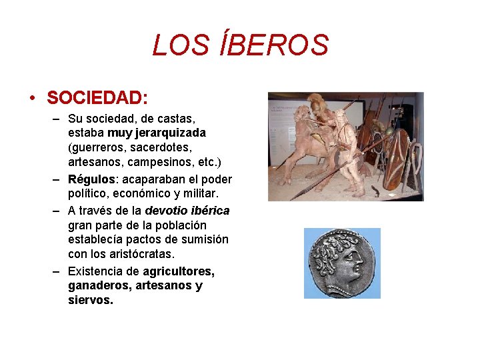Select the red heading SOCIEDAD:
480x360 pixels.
[97, 97]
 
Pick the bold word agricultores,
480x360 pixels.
[178, 271]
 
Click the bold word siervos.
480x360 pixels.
[90, 300]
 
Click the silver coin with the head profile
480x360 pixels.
[342, 263]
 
